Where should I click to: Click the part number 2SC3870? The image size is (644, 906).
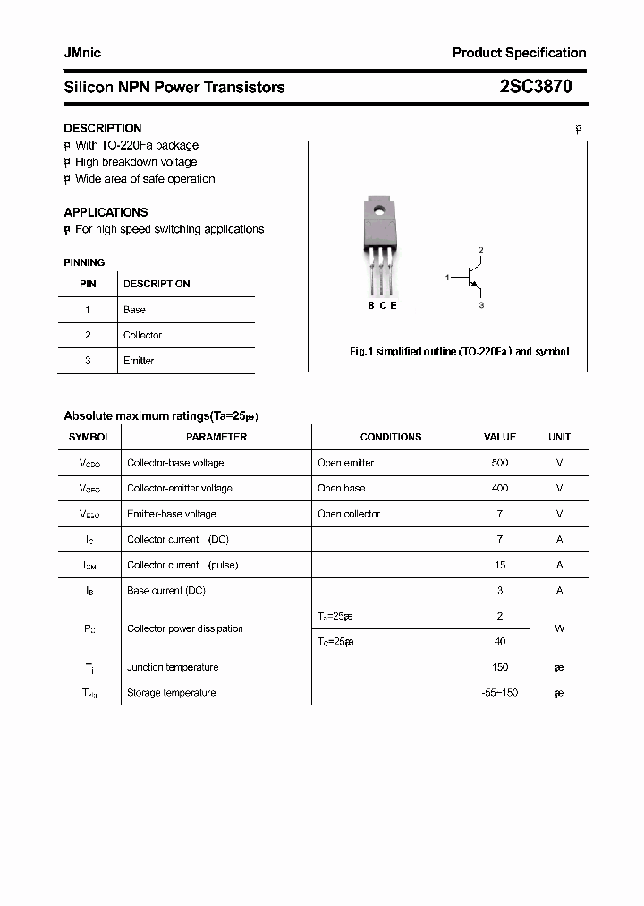[536, 87]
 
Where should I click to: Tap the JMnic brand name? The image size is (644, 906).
[82, 53]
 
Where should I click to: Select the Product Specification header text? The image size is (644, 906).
[519, 53]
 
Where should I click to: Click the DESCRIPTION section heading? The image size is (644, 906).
[102, 128]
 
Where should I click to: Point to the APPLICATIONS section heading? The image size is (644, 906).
[106, 212]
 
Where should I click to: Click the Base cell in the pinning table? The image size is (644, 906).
[134, 310]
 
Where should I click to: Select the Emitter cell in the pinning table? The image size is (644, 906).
[139, 361]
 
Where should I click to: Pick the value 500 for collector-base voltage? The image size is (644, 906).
[500, 463]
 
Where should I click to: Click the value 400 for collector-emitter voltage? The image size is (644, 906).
[500, 489]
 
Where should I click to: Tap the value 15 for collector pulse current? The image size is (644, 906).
[500, 565]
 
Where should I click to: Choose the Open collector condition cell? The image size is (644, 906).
[349, 514]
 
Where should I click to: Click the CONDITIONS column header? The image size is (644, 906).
[390, 437]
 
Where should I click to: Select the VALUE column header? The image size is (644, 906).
[500, 437]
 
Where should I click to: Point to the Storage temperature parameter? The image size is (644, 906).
[171, 693]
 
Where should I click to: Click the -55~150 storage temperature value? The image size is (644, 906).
[500, 693]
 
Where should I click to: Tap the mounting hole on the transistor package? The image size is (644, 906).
[378, 212]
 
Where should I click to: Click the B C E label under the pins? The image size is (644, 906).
[382, 305]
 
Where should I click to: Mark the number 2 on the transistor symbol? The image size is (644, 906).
[480, 250]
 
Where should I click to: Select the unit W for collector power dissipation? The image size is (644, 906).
[559, 628]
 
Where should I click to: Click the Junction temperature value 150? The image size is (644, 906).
[500, 667]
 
